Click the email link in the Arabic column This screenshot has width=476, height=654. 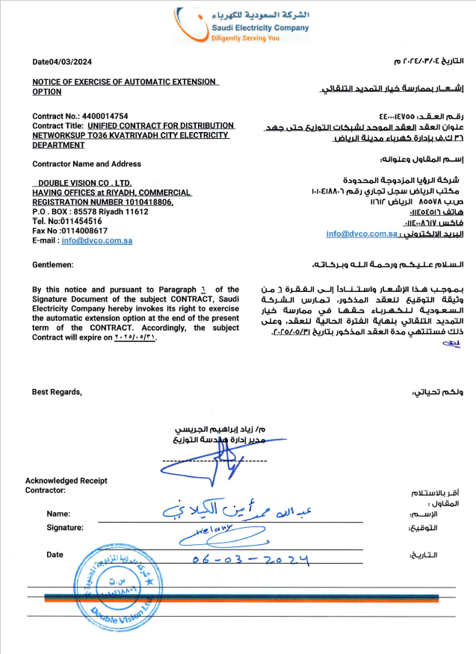click(x=361, y=234)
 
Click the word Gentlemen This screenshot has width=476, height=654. click(x=53, y=265)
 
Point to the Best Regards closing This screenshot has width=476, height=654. click(x=57, y=392)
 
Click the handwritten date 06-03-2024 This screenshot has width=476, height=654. click(x=250, y=558)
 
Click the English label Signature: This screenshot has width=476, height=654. click(x=65, y=528)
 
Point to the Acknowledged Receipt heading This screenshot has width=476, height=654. click(x=66, y=480)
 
